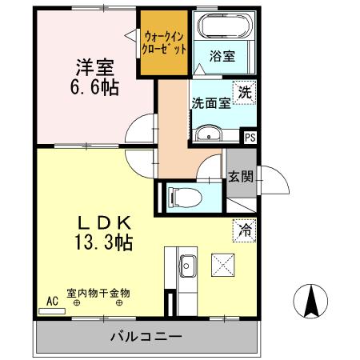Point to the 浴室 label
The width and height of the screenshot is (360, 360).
pyautogui.click(x=222, y=57)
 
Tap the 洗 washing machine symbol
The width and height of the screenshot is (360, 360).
pyautogui.click(x=245, y=92)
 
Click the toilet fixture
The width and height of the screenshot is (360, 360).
pyautogui.click(x=183, y=195)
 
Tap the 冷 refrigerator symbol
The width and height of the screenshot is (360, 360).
pyautogui.click(x=244, y=229)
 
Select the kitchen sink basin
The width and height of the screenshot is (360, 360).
pyautogui.click(x=189, y=263)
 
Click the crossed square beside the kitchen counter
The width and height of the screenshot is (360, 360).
pyautogui.click(x=222, y=263)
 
